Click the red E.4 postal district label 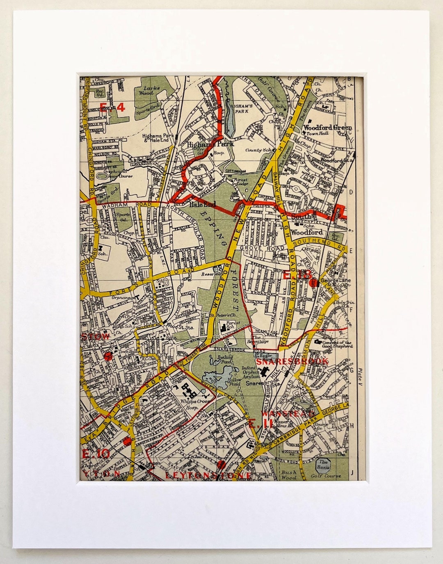click(112, 107)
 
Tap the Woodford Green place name click(327, 127)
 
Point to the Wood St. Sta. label click(177, 325)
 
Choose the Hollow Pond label click(234, 382)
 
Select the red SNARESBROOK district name click(292, 361)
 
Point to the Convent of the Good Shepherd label click(336, 344)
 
